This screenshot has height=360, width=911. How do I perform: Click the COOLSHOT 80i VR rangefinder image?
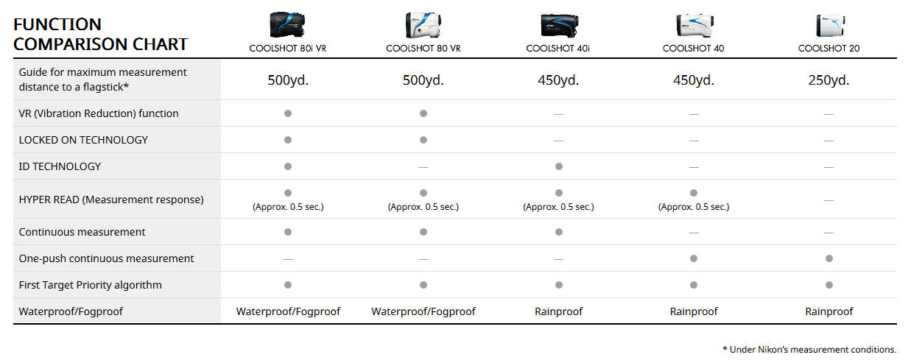288,25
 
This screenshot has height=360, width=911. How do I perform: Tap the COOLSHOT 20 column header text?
829,49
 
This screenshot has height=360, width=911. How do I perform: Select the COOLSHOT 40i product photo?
558,25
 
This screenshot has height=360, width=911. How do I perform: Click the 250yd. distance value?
829,80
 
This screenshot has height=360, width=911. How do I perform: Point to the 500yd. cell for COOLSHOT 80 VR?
423,80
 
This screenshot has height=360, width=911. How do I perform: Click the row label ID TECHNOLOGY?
60,166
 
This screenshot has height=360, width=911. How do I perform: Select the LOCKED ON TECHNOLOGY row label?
83,140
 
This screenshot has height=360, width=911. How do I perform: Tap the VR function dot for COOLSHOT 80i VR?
288,113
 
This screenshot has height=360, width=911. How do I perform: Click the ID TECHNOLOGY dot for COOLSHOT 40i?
559,166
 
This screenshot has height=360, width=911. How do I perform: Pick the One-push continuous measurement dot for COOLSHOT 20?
829,258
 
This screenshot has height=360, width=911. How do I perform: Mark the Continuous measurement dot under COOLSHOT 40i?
559,232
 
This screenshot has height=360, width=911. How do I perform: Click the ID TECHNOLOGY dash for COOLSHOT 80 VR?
423,167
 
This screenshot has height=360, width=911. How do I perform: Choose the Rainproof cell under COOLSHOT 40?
694,311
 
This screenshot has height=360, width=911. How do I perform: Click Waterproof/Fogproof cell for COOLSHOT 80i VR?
288,311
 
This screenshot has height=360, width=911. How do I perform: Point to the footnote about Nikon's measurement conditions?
809,349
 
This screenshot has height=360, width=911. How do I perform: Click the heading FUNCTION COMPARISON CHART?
100,35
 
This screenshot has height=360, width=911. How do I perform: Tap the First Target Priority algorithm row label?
90,285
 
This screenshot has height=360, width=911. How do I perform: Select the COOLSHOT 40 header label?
693,49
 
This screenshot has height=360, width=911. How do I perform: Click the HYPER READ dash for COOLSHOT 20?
829,200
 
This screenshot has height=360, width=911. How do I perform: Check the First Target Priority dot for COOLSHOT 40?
694,285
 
